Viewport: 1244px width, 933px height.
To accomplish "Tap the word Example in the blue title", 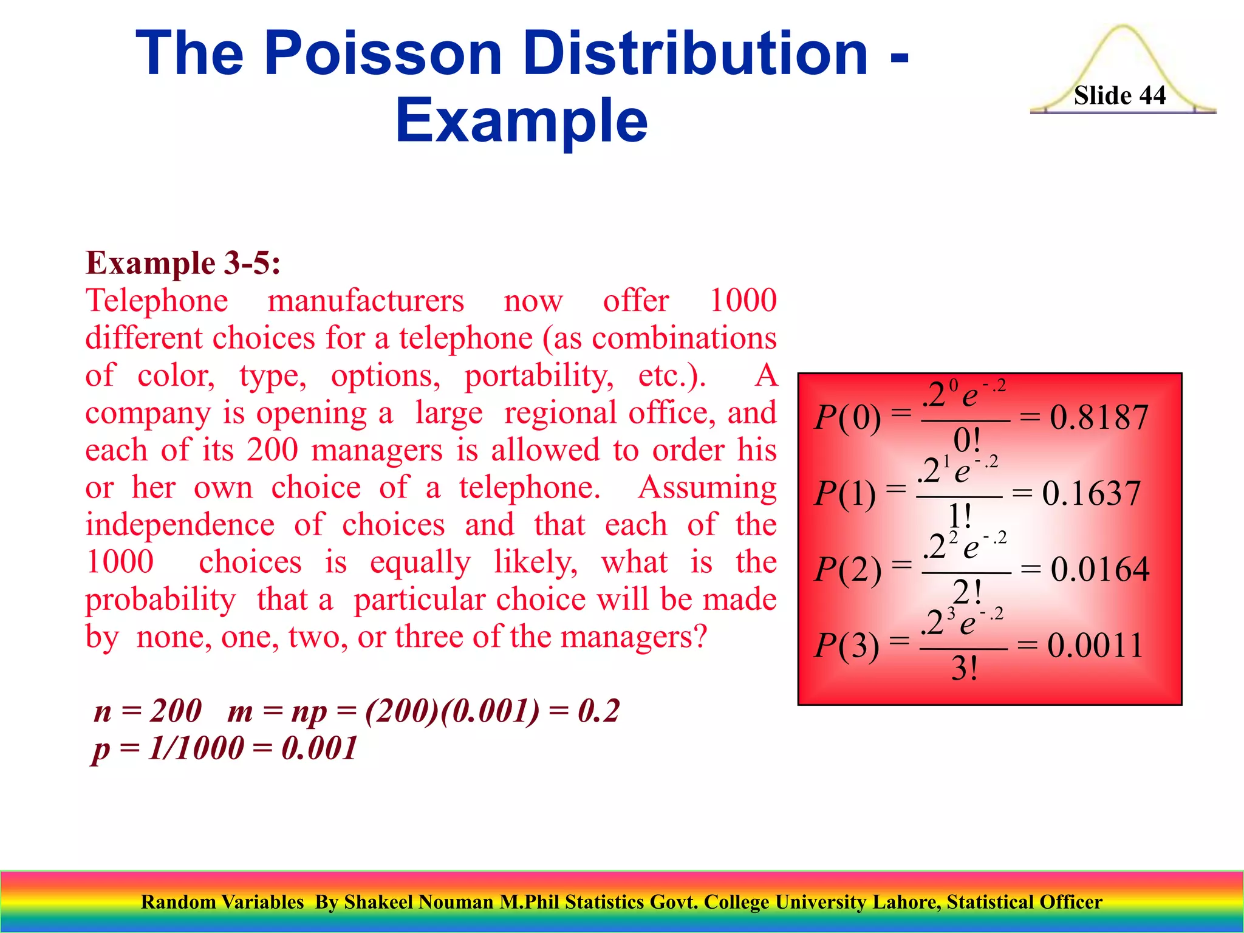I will [521, 120].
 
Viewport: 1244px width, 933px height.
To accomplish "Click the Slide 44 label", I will [1119, 95].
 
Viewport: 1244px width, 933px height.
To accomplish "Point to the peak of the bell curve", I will [1123, 27].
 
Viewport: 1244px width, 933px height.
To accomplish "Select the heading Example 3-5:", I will [183, 263].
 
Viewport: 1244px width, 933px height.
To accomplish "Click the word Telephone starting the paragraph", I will [157, 301].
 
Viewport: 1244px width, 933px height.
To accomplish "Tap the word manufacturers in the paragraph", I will [366, 301].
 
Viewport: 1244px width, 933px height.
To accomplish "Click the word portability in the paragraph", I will [539, 375].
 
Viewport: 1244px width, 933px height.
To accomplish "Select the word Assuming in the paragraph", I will [707, 488].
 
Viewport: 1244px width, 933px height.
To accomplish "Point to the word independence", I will [180, 525].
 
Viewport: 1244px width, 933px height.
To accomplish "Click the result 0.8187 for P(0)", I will [1099, 417].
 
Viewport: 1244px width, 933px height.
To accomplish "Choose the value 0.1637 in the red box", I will [1091, 493].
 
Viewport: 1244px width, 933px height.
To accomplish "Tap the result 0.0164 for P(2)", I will [1099, 569].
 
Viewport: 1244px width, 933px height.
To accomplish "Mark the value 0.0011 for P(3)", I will [1095, 645].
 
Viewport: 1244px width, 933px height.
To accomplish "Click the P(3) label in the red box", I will [846, 645].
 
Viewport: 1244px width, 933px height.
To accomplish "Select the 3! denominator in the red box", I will [964, 669].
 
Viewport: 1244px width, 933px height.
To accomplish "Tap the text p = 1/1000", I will [167, 748].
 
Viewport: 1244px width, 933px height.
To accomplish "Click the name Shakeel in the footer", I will [379, 902].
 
